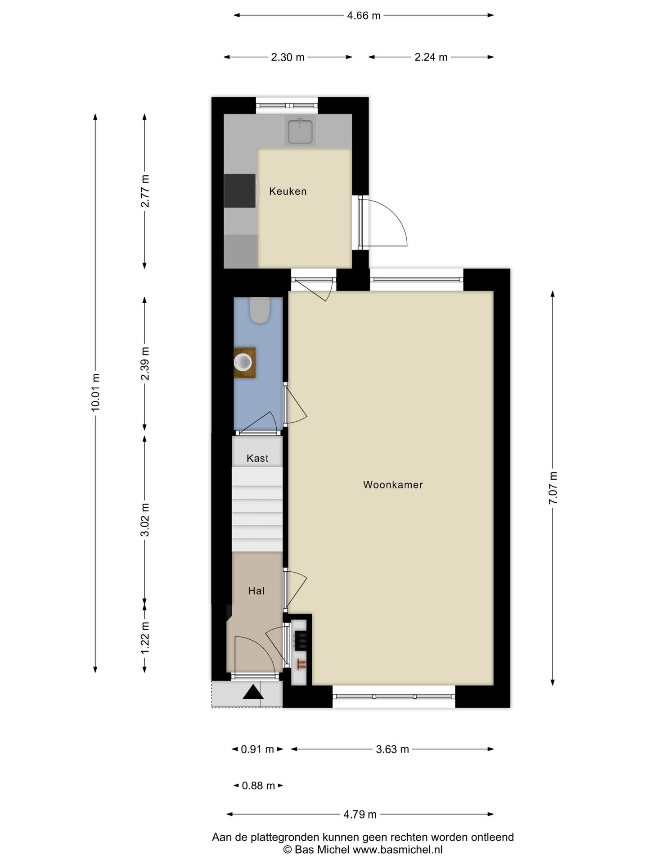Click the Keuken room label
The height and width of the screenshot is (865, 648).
pos(288,191)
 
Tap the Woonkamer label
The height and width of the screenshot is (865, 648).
pos(393,485)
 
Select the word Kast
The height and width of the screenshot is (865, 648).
pos(257,458)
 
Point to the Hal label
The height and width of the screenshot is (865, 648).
pos(256,591)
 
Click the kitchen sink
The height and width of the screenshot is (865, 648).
pos(300,131)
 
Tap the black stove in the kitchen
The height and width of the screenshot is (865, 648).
pos(240,191)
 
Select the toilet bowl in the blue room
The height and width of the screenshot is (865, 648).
pos(260,310)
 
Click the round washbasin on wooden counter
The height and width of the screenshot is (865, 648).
pos(243,362)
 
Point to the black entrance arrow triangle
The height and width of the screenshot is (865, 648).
pos(253,692)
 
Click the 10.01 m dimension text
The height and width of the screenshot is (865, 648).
pos(95,392)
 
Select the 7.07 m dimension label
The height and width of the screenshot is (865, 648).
pos(553,488)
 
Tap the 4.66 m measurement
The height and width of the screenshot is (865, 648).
pos(364,16)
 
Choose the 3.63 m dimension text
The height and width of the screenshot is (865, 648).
pos(392,749)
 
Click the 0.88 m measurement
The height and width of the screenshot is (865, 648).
pos(258,786)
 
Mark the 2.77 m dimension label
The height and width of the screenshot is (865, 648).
pos(145,191)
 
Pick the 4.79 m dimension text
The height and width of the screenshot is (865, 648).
pos(360,815)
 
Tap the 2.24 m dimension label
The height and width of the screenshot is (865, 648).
pos(431,57)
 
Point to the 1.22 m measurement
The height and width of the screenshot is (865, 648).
pos(145,638)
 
